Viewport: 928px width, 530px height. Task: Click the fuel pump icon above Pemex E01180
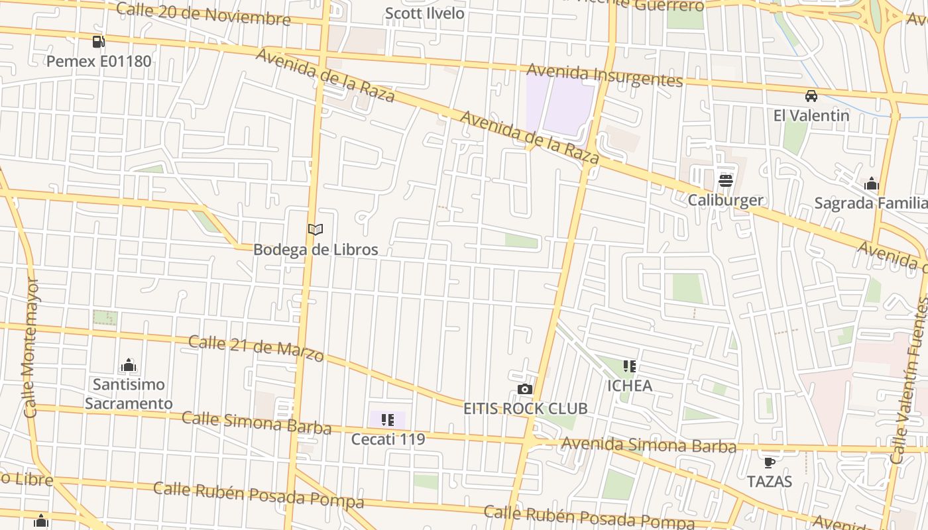[98, 42]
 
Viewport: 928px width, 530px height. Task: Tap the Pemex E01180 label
[99, 62]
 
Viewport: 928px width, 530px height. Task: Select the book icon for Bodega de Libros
[316, 230]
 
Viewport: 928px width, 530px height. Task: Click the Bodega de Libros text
[316, 250]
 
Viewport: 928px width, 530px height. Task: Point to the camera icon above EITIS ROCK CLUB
[525, 389]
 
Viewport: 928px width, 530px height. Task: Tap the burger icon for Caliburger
[725, 180]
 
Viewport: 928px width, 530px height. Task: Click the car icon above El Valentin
[811, 96]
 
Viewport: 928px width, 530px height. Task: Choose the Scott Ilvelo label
[424, 13]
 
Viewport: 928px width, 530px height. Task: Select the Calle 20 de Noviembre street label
[203, 13]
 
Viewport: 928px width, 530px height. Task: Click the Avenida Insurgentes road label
[604, 75]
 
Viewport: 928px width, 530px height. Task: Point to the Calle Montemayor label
[30, 348]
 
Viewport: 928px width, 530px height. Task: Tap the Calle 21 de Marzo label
[256, 348]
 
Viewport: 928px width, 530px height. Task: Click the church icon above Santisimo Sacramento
[129, 365]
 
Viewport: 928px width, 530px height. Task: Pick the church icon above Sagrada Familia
[871, 184]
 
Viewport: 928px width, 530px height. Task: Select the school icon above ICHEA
[629, 366]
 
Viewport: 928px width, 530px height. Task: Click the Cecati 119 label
[388, 439]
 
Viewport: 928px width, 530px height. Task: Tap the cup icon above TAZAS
[769, 462]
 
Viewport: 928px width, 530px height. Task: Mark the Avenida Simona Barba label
[648, 445]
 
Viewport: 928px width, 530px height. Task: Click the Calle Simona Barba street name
[256, 422]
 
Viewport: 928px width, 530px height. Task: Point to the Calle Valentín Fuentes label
[909, 381]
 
